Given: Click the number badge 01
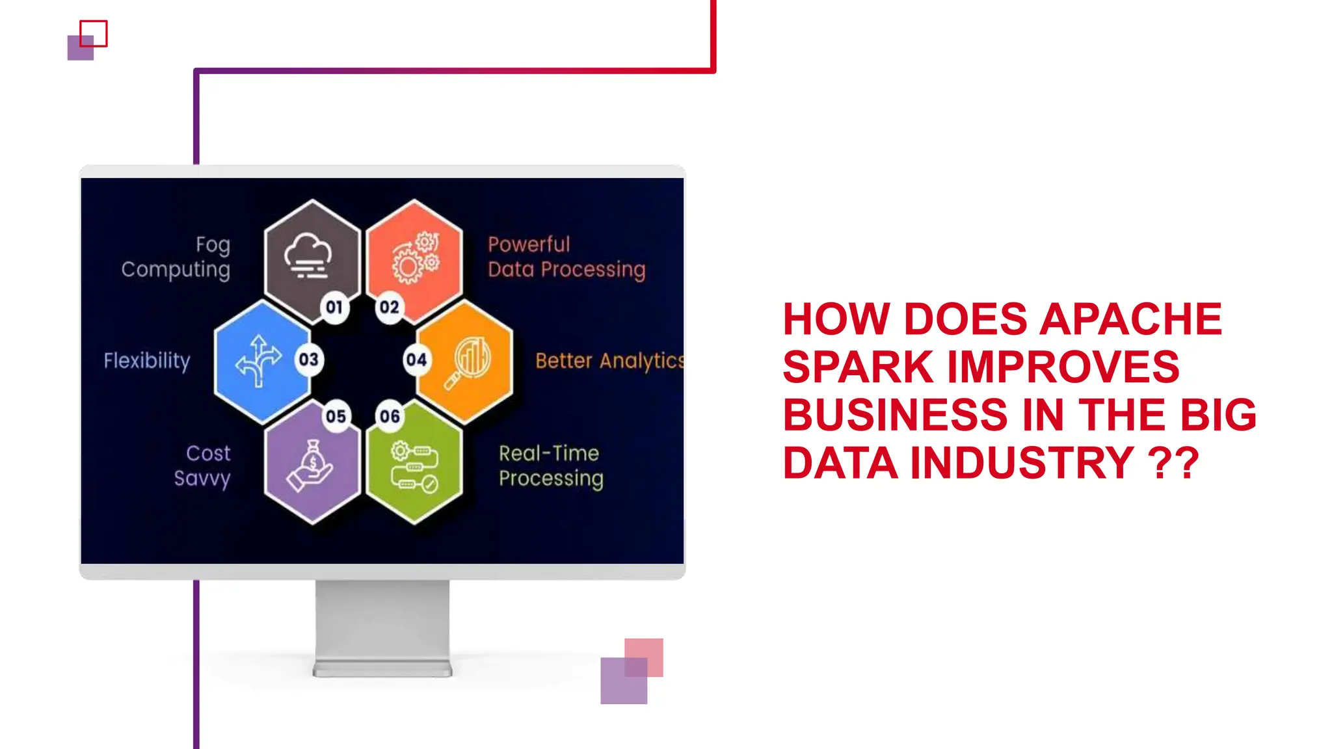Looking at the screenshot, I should point(334,307).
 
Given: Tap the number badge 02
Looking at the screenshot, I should point(389,307).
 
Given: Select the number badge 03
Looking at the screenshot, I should point(308,360).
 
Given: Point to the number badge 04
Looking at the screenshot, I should point(416,360).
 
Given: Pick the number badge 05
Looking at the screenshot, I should point(336,416).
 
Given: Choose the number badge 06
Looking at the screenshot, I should point(390,416).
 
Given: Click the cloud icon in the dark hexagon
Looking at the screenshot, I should point(308,256).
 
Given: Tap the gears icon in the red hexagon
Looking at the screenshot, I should point(416,257).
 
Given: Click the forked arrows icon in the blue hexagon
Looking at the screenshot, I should point(259,361).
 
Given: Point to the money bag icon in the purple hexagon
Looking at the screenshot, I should point(310,466).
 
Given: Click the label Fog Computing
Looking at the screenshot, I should point(176,257).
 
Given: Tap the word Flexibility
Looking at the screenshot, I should point(147,361).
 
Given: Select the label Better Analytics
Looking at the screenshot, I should point(609,361).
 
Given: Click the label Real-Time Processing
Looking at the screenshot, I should point(550,466).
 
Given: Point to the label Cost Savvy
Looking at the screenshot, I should point(202,466).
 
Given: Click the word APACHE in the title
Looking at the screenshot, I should point(1130,319).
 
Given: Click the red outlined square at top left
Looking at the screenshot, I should point(94,33).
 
